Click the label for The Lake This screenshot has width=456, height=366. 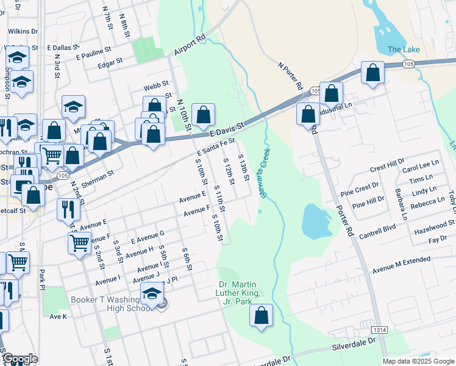404,49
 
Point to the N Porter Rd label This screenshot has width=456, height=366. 290,76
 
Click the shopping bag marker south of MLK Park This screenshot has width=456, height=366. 261,315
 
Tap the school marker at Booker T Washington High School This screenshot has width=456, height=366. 152,294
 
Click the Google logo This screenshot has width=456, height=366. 20,359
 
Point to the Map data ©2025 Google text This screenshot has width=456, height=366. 418,361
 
